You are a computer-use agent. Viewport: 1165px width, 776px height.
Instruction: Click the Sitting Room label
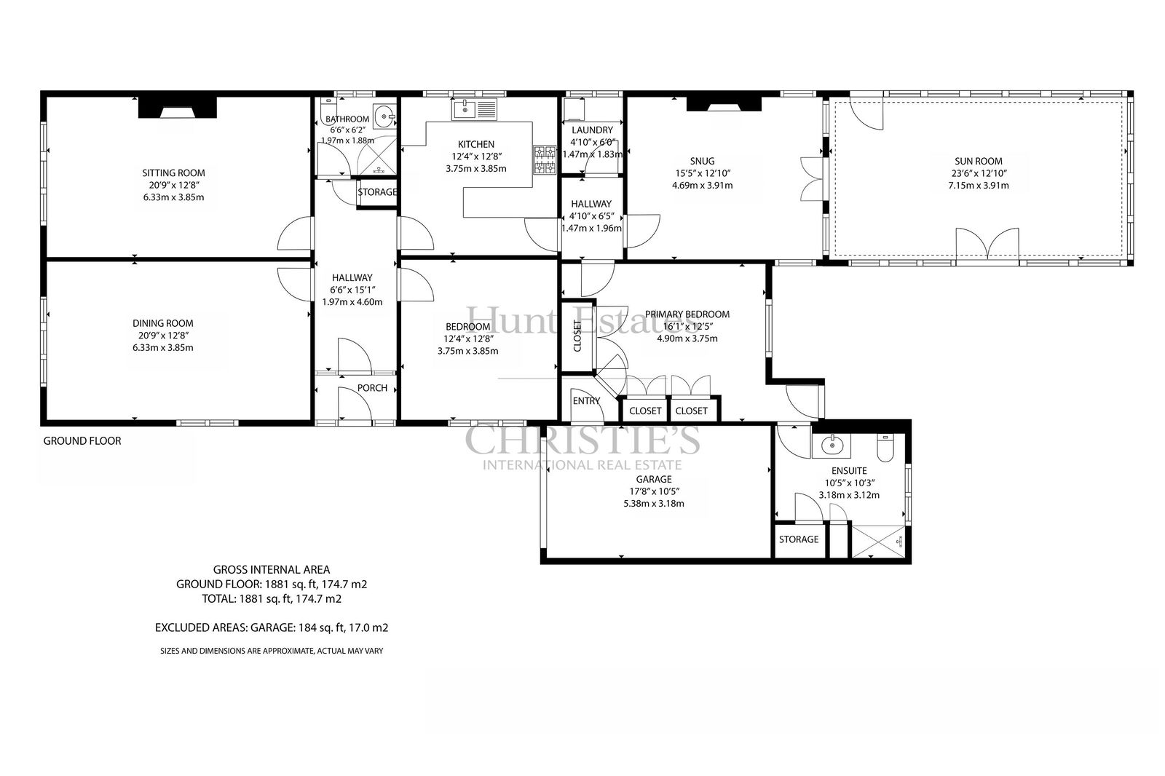point(174,173)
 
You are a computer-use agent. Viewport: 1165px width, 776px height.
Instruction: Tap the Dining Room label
point(163,323)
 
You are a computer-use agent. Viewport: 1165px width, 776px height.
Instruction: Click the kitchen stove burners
point(544,159)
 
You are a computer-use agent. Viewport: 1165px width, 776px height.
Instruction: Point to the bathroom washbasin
point(385,116)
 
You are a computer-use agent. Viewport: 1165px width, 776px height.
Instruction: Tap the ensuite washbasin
point(831,446)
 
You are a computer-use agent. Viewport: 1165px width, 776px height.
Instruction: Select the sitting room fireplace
point(178,108)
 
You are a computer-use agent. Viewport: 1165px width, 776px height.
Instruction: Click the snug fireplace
point(724,104)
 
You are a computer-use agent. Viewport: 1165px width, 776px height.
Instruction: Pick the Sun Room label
point(979,161)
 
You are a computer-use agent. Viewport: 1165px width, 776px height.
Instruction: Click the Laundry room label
point(592,130)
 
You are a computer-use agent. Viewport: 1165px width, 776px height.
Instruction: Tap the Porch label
point(372,388)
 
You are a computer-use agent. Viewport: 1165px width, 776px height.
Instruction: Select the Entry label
point(586,401)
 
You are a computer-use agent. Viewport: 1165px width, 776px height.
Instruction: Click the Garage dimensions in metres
point(654,504)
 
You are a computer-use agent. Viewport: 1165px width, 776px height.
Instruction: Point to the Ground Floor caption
point(82,441)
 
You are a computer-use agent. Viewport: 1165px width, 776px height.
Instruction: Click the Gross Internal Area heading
point(272,570)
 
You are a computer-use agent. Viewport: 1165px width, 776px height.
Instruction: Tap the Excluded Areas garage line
point(272,627)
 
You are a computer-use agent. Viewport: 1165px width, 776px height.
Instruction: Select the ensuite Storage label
point(799,539)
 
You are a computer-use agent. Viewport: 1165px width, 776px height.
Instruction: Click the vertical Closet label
point(577,336)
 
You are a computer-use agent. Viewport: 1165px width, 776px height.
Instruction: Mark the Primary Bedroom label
point(687,314)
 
